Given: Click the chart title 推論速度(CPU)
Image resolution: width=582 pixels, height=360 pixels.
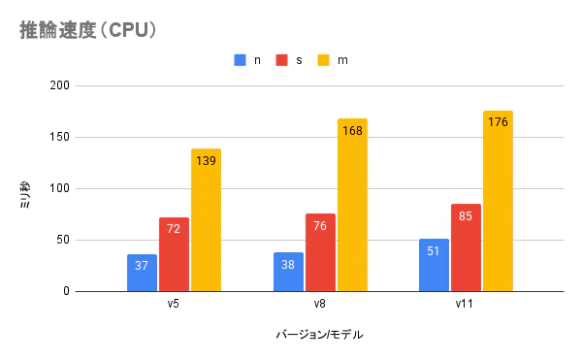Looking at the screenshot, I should [88, 30].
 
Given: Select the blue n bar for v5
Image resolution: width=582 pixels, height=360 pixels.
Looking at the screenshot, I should [142, 273].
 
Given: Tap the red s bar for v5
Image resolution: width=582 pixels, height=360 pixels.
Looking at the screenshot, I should [174, 254].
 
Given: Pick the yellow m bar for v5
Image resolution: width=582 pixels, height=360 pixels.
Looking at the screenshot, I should [206, 220].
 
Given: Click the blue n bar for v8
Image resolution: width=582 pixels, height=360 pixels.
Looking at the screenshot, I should [288, 272].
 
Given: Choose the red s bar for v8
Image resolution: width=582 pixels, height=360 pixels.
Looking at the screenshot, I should [320, 252].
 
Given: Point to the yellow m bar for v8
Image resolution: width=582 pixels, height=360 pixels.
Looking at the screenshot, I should [352, 205].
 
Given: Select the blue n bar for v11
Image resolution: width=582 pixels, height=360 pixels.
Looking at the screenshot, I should [434, 265].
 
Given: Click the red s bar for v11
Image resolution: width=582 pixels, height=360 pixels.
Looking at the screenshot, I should [466, 247].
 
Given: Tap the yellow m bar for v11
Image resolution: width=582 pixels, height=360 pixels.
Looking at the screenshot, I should [498, 201].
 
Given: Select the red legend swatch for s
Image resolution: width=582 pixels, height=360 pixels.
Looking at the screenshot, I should [282, 60].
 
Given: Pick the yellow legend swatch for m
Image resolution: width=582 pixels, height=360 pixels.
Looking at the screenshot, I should [325, 60].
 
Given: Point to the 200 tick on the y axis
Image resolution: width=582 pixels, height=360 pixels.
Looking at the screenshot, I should [60, 85].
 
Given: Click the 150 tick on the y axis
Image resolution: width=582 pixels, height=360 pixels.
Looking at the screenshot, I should [60, 137].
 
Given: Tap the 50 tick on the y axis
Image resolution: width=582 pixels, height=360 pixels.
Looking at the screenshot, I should [63, 240].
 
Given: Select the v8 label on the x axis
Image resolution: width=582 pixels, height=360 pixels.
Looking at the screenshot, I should [319, 304].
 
